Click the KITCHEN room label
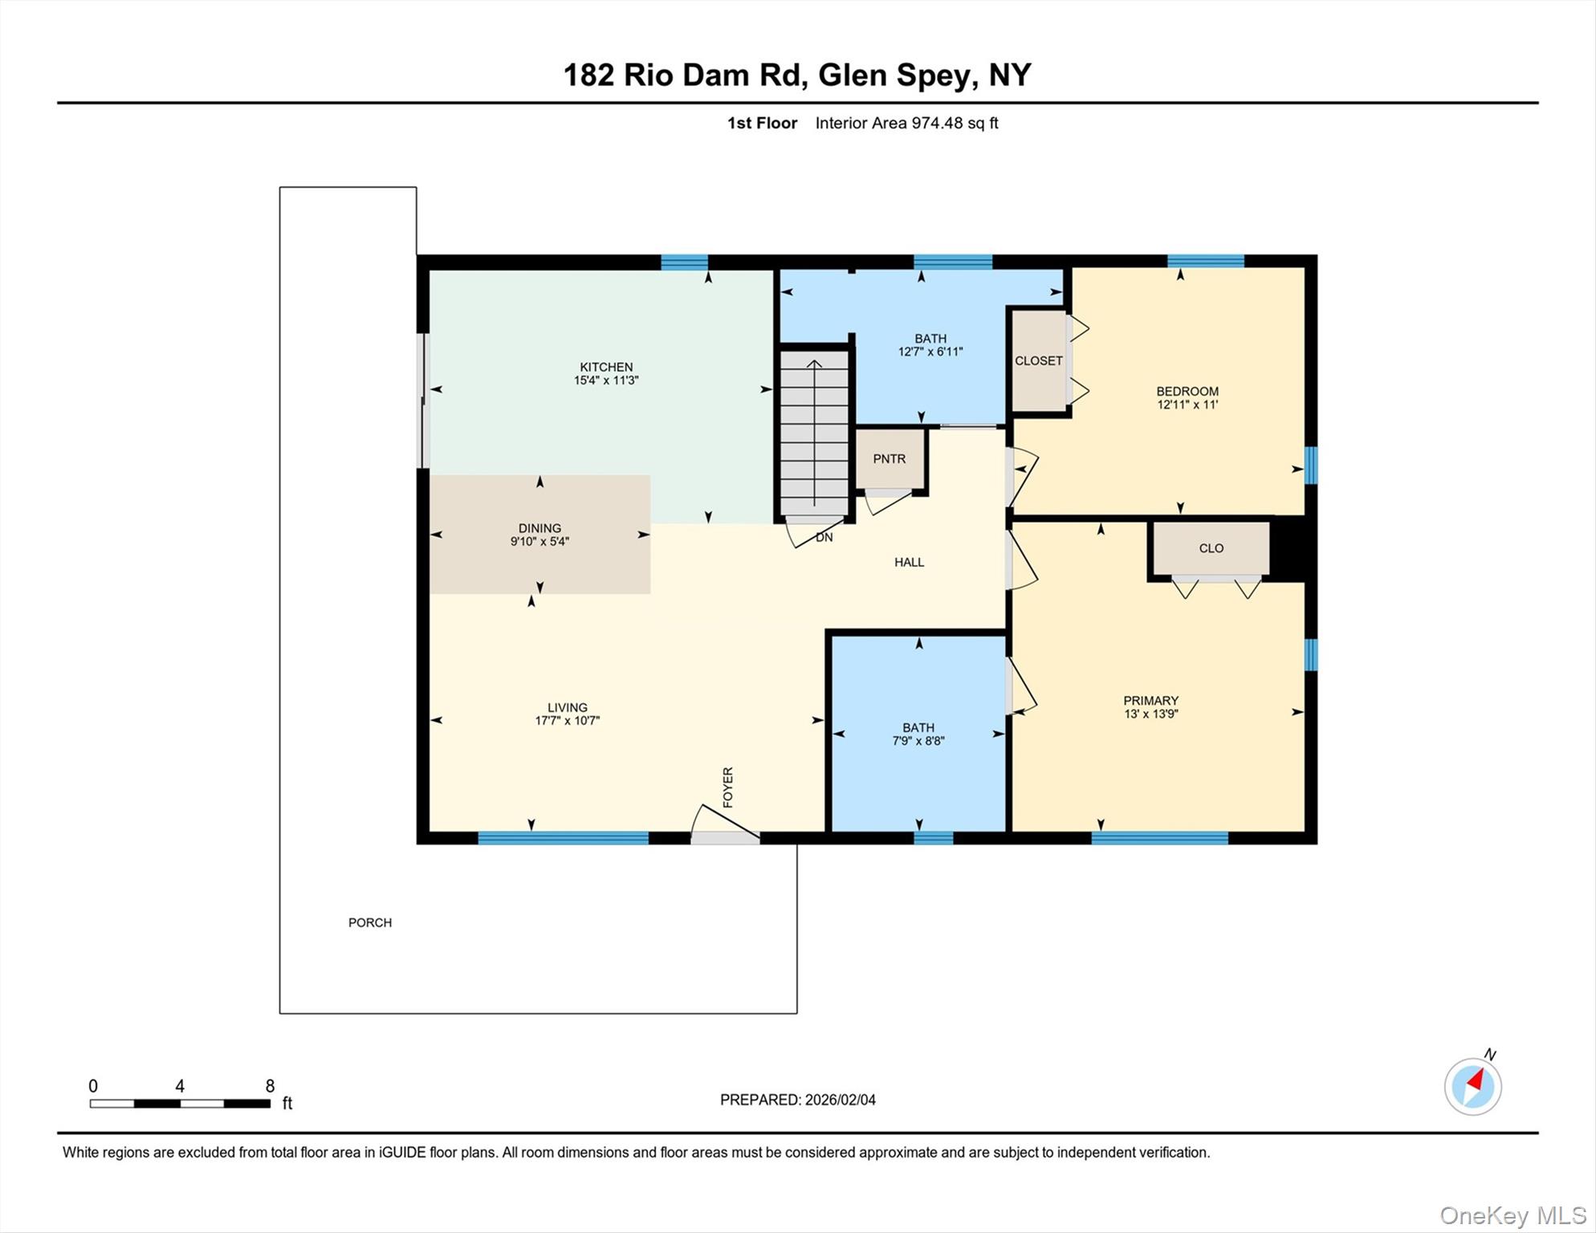pyautogui.click(x=606, y=367)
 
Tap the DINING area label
pyautogui.click(x=539, y=528)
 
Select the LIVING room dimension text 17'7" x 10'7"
pyautogui.click(x=568, y=721)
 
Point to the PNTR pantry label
pyautogui.click(x=890, y=459)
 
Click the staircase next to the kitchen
pyautogui.click(x=815, y=433)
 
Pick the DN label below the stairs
pyautogui.click(x=824, y=537)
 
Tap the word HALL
pyautogui.click(x=910, y=562)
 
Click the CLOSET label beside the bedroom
pyautogui.click(x=1039, y=361)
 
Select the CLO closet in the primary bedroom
pyautogui.click(x=1211, y=548)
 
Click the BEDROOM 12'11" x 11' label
pyautogui.click(x=1187, y=398)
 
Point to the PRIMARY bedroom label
pyautogui.click(x=1151, y=701)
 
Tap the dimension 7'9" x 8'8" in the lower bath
pyautogui.click(x=918, y=741)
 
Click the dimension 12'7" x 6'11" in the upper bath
pyautogui.click(x=930, y=352)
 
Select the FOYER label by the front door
pyautogui.click(x=728, y=787)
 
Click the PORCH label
pyautogui.click(x=370, y=923)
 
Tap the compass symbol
pyautogui.click(x=1473, y=1086)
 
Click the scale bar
pyautogui.click(x=180, y=1104)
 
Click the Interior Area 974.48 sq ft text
pyautogui.click(x=907, y=123)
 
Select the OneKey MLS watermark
pyautogui.click(x=1514, y=1215)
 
